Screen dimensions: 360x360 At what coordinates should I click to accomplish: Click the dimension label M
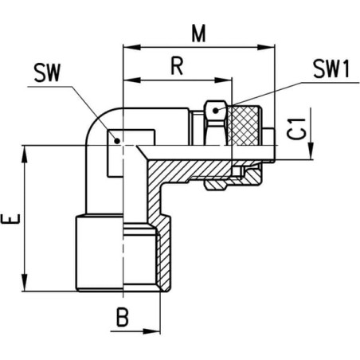tap(198, 34)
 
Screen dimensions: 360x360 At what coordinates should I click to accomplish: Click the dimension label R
tap(177, 66)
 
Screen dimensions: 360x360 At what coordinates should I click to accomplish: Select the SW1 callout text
tap(331, 69)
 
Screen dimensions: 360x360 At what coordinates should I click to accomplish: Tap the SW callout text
tap(47, 72)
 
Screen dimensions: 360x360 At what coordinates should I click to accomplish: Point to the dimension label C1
tap(296, 129)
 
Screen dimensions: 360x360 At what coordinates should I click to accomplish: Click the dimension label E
tap(10, 219)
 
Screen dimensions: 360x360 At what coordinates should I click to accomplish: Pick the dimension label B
tap(123, 317)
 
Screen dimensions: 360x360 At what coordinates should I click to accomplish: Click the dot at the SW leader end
tap(117, 141)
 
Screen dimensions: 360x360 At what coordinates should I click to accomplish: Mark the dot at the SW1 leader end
tap(216, 111)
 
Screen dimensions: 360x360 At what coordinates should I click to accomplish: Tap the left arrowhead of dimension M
tap(131, 48)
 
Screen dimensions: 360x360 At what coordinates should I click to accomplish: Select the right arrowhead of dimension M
tap(266, 48)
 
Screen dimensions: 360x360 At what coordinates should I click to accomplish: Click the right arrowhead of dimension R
tap(223, 80)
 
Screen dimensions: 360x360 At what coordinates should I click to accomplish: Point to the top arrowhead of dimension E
tap(25, 154)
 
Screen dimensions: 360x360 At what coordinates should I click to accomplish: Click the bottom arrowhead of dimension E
tap(25, 283)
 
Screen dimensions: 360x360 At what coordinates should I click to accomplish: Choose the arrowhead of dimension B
tap(151, 331)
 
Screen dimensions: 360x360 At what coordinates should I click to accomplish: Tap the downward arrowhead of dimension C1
tap(311, 151)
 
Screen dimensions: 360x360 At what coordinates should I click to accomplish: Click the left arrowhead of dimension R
tap(131, 80)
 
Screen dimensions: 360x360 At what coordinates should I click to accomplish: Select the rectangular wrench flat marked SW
tap(131, 153)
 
